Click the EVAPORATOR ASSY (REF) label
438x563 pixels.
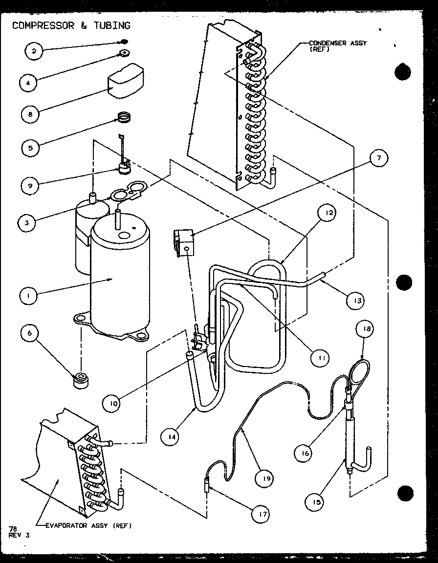(x=88, y=526)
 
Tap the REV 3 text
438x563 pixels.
(x=19, y=535)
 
